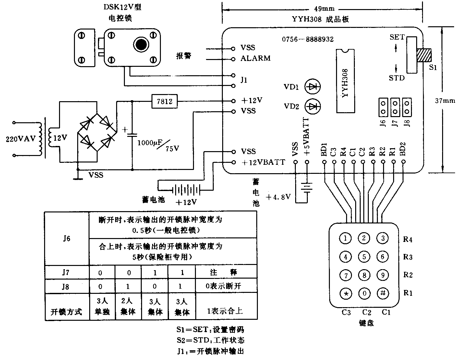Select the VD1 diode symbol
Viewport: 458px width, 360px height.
click(313, 87)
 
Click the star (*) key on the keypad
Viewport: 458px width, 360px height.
click(346, 294)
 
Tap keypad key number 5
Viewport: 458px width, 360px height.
click(364, 257)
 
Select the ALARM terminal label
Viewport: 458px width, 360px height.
click(255, 59)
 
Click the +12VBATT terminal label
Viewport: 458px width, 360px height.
click(263, 162)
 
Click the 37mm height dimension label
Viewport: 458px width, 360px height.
click(445, 101)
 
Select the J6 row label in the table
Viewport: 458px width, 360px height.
click(66, 239)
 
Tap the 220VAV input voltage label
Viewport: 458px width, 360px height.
click(20, 139)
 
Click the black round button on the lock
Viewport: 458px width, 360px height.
click(141, 44)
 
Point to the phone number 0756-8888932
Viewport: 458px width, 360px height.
click(307, 39)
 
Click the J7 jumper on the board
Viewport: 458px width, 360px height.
click(395, 107)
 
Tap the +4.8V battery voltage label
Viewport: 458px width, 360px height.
click(278, 197)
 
